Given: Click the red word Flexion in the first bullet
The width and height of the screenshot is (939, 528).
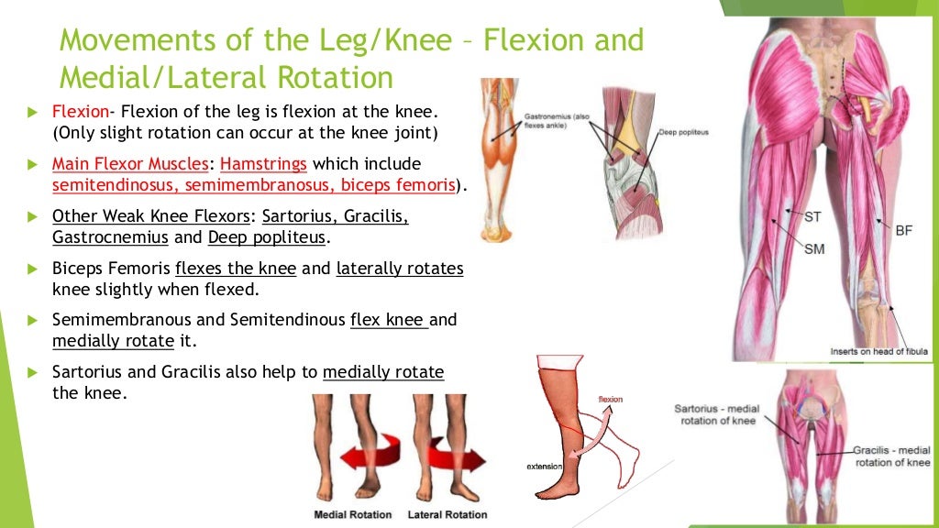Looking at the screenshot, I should coord(81,112).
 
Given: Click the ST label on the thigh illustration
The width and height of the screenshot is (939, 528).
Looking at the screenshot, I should coord(812,217).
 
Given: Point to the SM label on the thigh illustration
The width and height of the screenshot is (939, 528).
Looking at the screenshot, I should coord(814,248).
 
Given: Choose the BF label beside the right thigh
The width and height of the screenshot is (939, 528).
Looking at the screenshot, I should coord(904,230).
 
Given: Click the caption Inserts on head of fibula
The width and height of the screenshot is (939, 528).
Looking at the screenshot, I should coord(879,351).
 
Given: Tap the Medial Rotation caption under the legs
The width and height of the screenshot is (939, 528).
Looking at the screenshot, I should coord(353,514).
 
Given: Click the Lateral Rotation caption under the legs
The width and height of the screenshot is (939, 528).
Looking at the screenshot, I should coord(447,514).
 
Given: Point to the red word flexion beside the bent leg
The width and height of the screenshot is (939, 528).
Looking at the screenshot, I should coord(610,400).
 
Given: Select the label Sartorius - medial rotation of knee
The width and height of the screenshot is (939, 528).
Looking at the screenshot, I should coord(714,414).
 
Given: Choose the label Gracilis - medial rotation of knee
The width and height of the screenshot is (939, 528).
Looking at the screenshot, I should coord(891,456).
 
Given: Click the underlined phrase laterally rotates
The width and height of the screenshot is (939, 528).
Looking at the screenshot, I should coord(401,269).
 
